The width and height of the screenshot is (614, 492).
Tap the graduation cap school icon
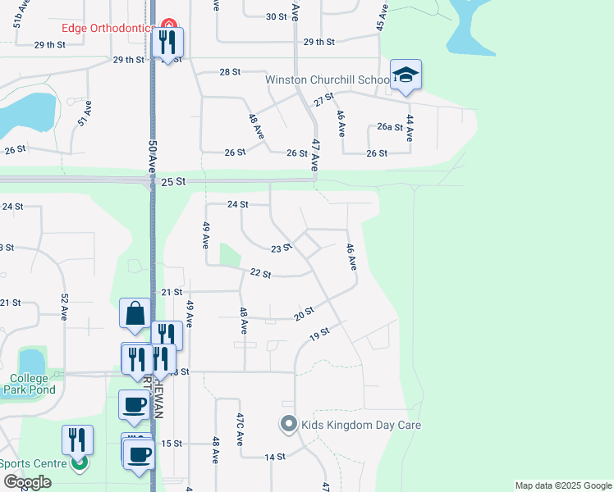coord(406,75)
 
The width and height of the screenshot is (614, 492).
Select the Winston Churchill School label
coord(327,80)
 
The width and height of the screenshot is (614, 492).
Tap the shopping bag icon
coord(134,313)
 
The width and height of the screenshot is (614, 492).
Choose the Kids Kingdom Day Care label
coord(360,425)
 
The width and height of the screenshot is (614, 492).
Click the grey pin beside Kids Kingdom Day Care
coord(288,425)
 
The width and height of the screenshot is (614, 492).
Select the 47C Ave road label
coord(241,429)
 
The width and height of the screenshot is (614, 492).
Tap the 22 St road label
coord(260,273)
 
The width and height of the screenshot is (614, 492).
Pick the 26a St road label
coord(390,127)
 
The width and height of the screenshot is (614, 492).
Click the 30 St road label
coord(276,16)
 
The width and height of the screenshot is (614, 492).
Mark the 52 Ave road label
coord(63,306)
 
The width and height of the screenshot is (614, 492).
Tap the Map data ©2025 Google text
coord(563,485)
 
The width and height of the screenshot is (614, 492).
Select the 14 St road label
coord(274,457)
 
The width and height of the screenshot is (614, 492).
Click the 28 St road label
coord(230,72)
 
